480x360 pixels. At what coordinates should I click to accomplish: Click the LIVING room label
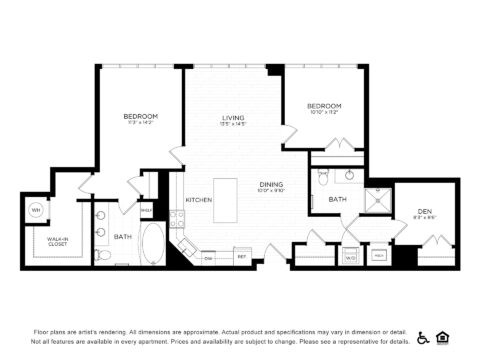point(232,118)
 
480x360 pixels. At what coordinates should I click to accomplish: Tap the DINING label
point(271,184)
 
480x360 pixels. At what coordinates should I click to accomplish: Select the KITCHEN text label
point(198,201)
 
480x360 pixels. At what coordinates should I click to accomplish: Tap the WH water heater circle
point(36,210)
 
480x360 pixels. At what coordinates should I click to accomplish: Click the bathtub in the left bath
point(153,243)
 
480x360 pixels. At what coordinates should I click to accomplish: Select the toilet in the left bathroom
point(105,256)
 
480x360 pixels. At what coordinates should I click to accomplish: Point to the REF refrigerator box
point(241,257)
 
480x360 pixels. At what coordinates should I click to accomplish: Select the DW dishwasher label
point(209,257)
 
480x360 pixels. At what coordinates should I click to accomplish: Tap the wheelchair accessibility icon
point(423,338)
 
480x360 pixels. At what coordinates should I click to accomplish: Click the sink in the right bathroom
point(349,176)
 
